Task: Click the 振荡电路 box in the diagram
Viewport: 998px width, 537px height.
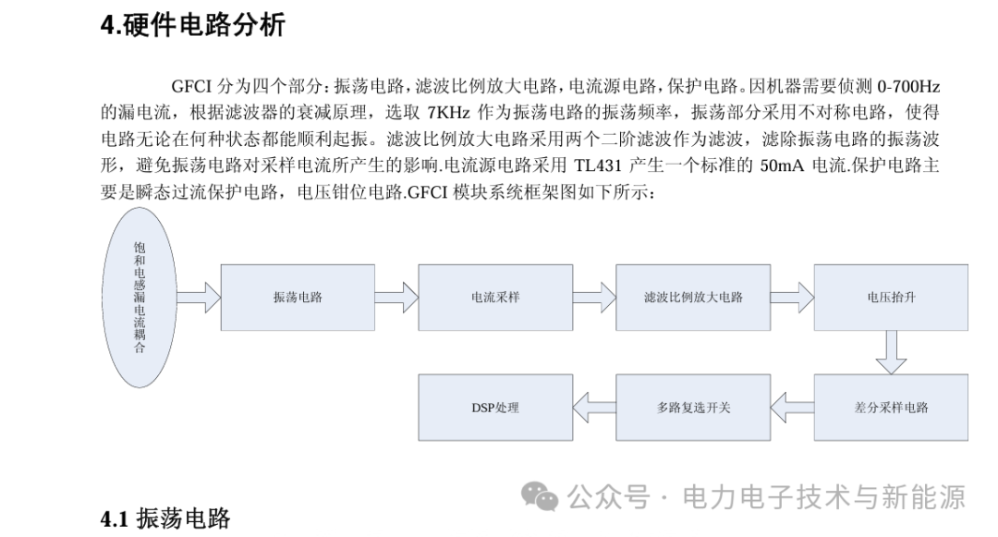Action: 298,297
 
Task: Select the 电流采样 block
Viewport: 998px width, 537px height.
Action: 495,297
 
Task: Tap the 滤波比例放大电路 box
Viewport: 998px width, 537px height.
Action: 693,297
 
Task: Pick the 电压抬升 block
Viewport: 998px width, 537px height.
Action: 891,297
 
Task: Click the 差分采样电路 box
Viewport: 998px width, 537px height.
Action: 891,408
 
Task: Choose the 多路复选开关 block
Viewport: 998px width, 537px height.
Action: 693,408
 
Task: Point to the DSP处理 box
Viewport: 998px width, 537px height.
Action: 495,408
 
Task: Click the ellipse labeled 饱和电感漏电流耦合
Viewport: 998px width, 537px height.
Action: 140,297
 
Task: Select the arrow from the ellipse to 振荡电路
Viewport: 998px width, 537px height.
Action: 199,297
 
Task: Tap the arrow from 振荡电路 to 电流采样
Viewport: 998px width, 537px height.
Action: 396,297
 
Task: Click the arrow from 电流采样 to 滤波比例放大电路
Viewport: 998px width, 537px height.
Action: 594,297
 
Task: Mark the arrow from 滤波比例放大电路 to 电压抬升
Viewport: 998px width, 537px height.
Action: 793,297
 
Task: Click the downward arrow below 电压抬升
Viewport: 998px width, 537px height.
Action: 891,352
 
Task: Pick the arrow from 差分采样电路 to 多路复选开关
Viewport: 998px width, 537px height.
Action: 793,408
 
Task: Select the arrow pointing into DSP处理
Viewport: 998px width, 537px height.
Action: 594,408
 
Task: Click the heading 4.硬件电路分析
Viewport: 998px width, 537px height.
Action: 193,26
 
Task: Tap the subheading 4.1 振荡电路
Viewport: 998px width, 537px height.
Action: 165,519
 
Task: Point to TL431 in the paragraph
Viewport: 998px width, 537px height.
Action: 598,165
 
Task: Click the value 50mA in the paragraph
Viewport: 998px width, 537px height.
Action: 782,165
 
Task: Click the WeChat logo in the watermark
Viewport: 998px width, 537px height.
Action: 540,496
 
